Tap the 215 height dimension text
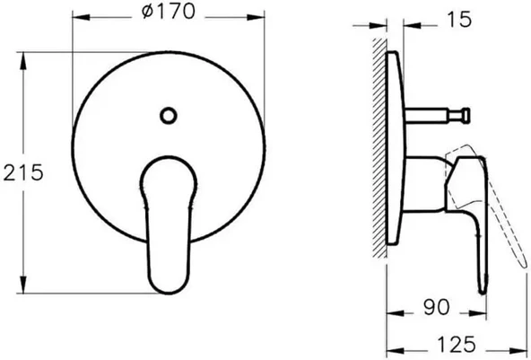pyautogui.click(x=24, y=173)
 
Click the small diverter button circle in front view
pyautogui.click(x=168, y=114)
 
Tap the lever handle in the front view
pyautogui.click(x=168, y=224)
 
